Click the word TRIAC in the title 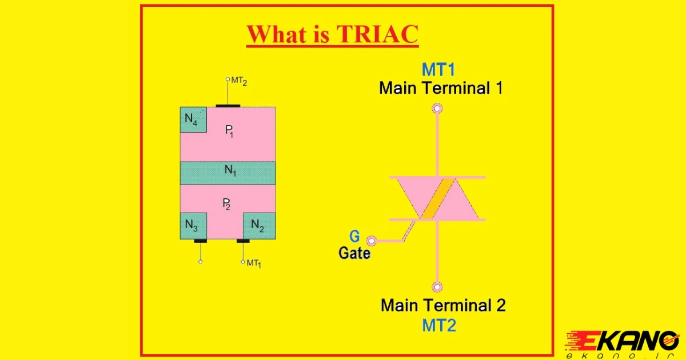pos(377,34)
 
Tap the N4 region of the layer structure pos(193,119)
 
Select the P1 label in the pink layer pos(229,131)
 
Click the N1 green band pos(228,173)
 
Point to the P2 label pos(226,204)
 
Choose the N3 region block pos(194,226)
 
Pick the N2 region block pos(259,226)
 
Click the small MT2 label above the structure pos(239,81)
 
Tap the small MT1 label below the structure pos(254,263)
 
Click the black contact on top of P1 pos(228,106)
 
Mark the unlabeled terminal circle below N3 pos(200,262)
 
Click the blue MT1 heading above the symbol pos(438,70)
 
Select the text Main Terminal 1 pos(441,88)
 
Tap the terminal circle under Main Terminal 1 pos(437,109)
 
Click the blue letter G pos(354,237)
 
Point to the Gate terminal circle pos(372,241)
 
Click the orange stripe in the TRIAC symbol pos(438,199)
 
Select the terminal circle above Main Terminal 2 pos(437,287)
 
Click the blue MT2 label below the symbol pos(439,325)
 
